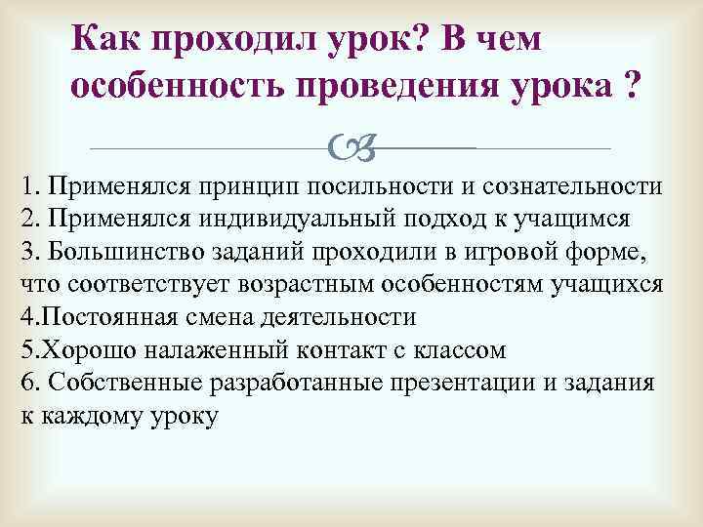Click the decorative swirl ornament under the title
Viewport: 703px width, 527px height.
pyautogui.click(x=346, y=149)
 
